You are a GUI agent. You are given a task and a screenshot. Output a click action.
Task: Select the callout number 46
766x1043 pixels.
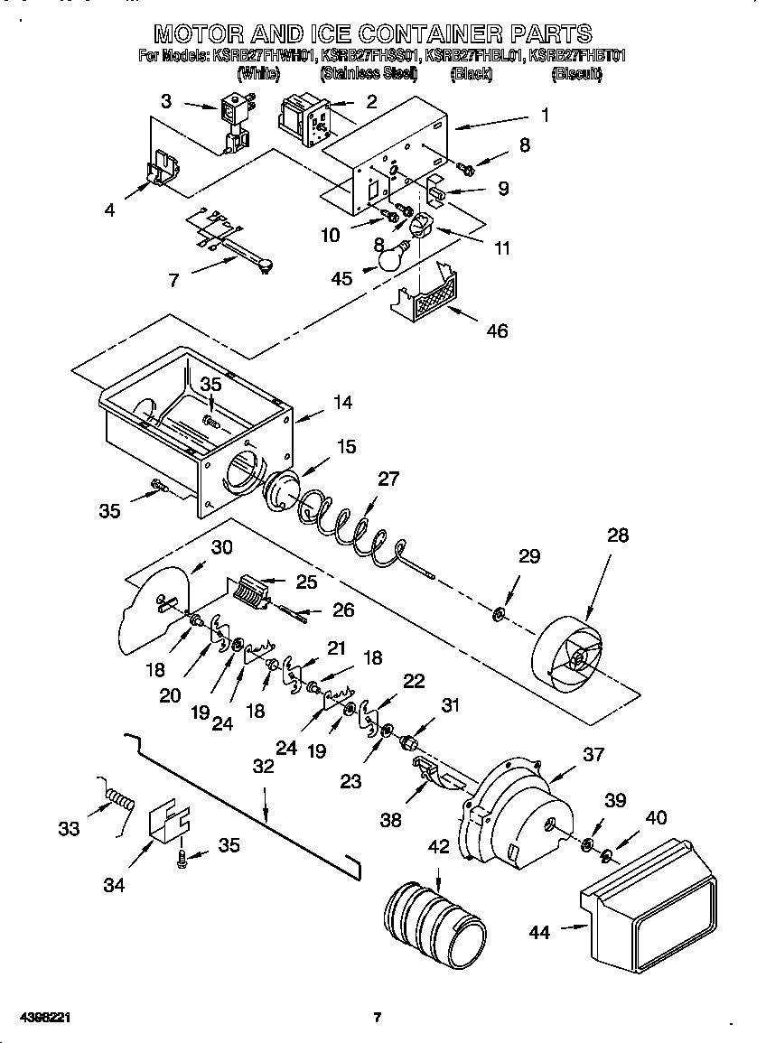[497, 331]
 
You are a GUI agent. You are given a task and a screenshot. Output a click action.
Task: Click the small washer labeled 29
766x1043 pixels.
[498, 616]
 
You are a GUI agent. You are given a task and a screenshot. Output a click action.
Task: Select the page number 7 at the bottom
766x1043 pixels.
[378, 1018]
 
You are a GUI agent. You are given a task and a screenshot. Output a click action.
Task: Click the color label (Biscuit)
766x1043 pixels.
[575, 75]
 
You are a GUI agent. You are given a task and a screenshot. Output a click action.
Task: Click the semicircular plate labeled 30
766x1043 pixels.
[154, 610]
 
